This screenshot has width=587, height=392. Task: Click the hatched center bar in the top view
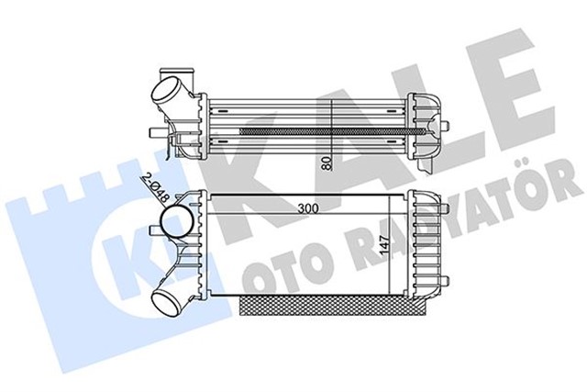click(330, 130)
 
